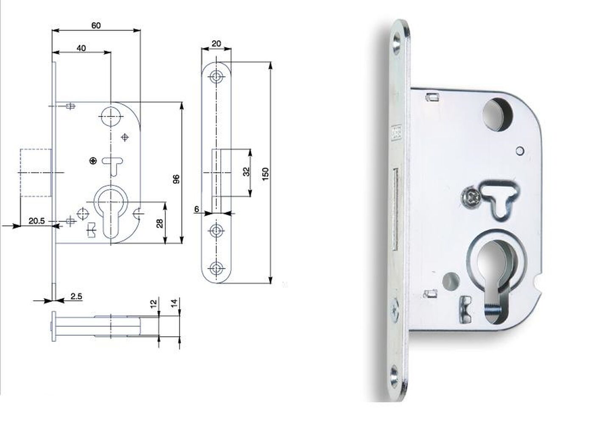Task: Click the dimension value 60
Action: point(96,25)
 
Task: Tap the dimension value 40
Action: point(81,48)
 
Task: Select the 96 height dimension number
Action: point(177,179)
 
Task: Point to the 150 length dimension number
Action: point(265,173)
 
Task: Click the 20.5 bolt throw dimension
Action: point(36,221)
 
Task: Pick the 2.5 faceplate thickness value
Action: point(76,296)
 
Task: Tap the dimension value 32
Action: point(246,172)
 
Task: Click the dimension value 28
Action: point(160,223)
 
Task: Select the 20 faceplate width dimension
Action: point(216,43)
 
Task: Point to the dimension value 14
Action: point(175,303)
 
